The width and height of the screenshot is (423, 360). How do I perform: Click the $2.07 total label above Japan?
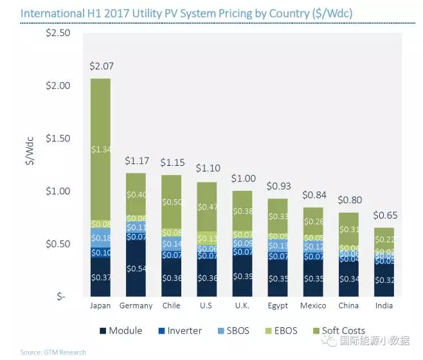tap(100, 66)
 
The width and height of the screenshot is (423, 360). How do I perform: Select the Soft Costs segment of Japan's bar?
tap(100, 149)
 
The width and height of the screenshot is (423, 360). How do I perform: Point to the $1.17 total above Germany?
tap(135, 161)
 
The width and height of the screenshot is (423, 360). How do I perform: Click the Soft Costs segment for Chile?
tap(170, 201)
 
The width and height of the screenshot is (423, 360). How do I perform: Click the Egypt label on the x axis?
tap(277, 306)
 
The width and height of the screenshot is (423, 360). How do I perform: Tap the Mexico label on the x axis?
tap(313, 306)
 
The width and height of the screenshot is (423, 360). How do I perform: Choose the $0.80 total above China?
tap(348, 201)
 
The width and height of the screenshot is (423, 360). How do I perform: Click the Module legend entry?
tap(121, 331)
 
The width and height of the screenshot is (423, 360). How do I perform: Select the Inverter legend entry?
tap(179, 331)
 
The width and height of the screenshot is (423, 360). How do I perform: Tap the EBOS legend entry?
tap(281, 331)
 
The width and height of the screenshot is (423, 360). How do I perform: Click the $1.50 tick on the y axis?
tap(58, 138)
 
